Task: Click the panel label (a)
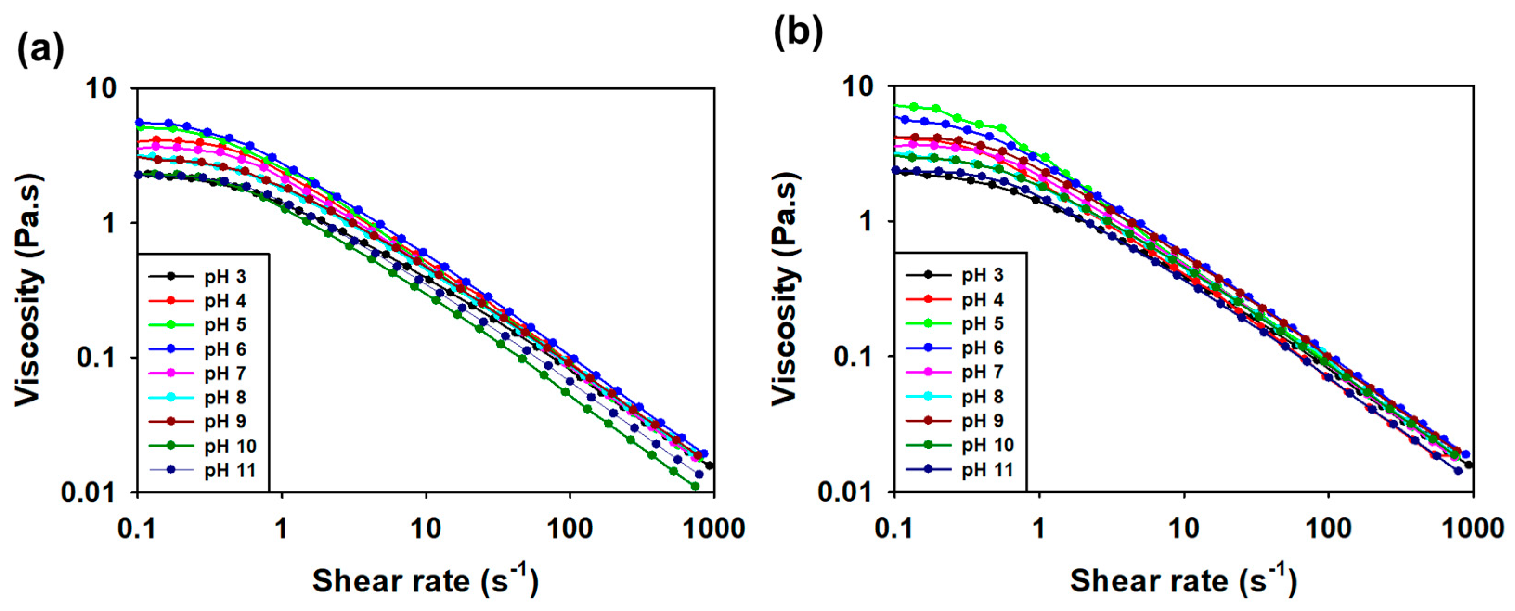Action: click(39, 51)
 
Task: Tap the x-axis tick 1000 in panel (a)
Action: click(714, 529)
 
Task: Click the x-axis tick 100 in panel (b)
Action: click(1328, 529)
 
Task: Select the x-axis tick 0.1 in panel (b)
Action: click(894, 529)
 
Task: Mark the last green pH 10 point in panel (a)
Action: click(695, 486)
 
